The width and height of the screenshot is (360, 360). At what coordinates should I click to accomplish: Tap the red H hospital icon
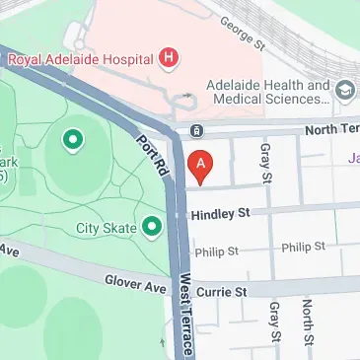point(170,58)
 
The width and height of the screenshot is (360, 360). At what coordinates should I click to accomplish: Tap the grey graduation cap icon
point(345,92)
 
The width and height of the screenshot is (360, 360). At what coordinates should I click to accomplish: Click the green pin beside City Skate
point(151,229)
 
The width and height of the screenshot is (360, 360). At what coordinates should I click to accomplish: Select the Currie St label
point(223,292)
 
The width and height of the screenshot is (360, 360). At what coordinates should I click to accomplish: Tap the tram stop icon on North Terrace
point(196,129)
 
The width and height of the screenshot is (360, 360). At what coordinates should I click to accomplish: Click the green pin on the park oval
point(72,141)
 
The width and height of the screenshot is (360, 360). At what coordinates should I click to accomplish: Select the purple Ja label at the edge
point(352,157)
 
